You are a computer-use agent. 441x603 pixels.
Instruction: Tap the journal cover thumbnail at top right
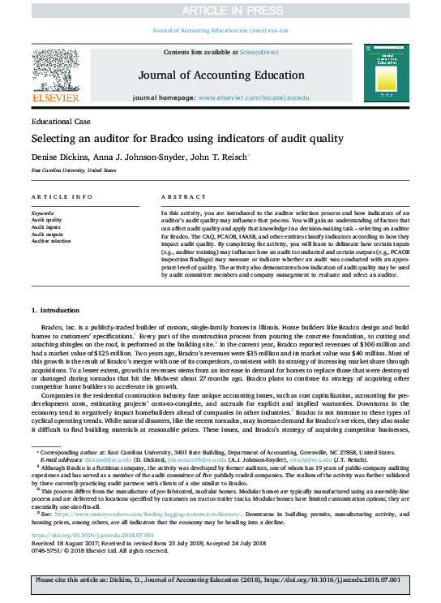[388, 74]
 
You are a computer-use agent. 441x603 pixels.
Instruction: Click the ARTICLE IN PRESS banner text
[220, 10]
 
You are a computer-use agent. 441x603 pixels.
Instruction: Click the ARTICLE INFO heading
[56, 197]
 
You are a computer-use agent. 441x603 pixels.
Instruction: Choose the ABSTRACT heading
[179, 197]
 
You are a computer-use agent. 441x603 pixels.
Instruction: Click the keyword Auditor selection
[50, 241]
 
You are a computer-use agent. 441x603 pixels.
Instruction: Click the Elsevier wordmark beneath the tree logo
[55, 97]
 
